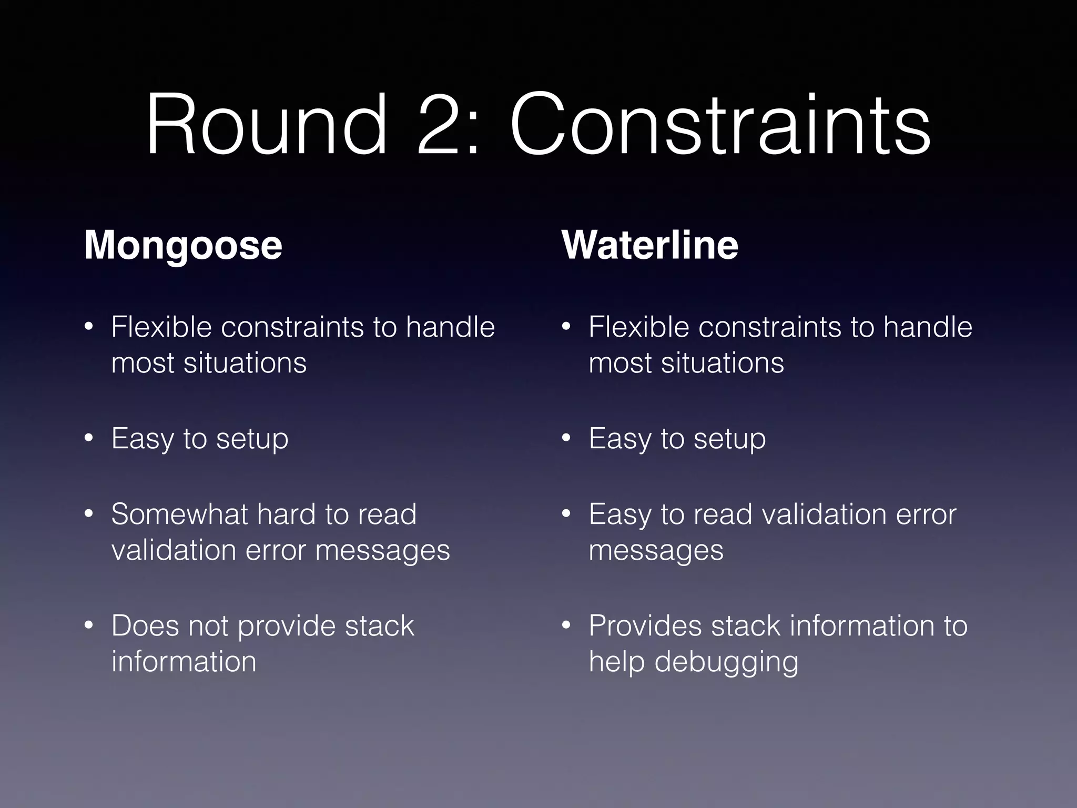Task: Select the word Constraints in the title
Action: click(x=720, y=125)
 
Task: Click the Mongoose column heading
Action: click(x=183, y=245)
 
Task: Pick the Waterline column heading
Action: click(x=650, y=245)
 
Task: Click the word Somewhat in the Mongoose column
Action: click(x=179, y=514)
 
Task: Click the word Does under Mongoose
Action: click(x=145, y=626)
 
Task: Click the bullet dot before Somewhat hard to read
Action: click(x=89, y=513)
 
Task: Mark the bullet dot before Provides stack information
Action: click(x=566, y=625)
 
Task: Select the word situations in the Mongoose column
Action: click(x=245, y=363)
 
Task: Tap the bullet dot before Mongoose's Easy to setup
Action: click(x=89, y=438)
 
